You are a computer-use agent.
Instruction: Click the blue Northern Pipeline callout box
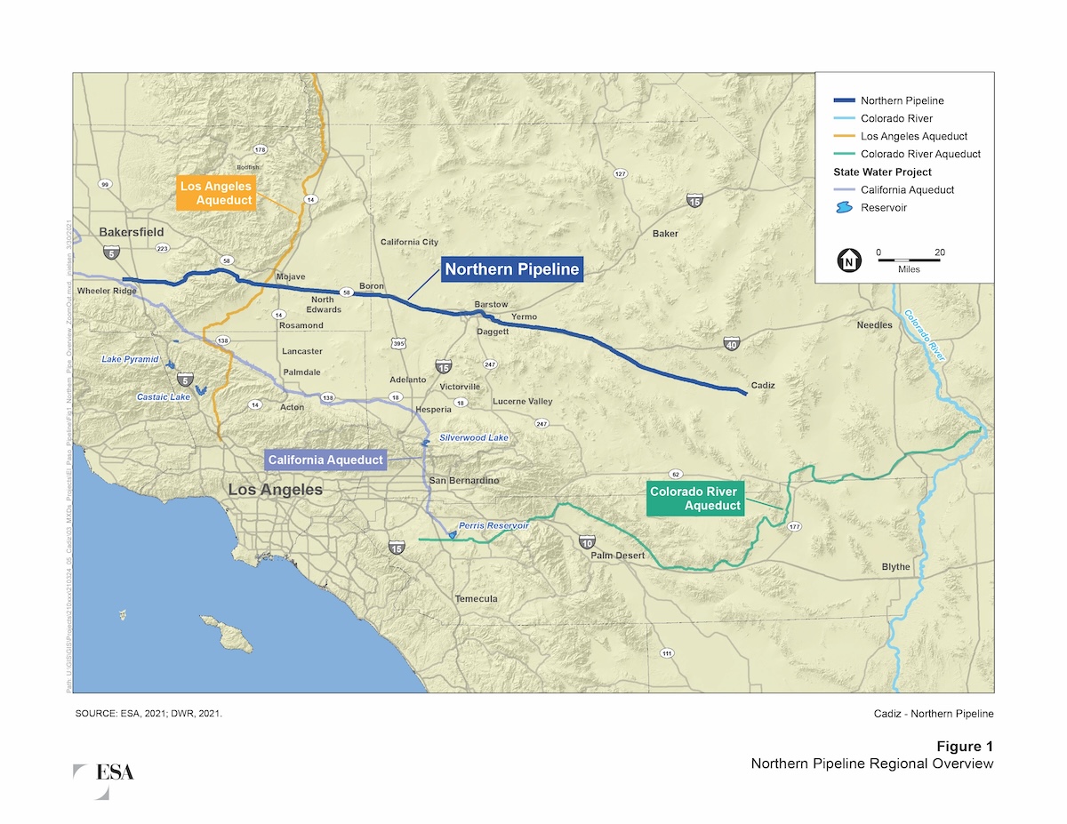pyautogui.click(x=512, y=269)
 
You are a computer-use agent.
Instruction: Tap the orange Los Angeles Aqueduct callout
pyautogui.click(x=216, y=193)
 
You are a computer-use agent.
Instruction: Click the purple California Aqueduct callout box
pyautogui.click(x=326, y=460)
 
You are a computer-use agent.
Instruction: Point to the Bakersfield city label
pyautogui.click(x=132, y=232)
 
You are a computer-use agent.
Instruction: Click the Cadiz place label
pyautogui.click(x=763, y=385)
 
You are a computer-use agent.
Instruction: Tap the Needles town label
pyautogui.click(x=874, y=325)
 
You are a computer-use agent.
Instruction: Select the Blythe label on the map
pyautogui.click(x=895, y=567)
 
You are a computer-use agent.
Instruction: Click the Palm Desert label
pyautogui.click(x=617, y=556)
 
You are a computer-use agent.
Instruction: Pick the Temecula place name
pyautogui.click(x=476, y=598)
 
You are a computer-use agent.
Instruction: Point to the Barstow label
pyautogui.click(x=491, y=305)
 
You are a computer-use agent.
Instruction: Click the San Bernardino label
pyautogui.click(x=464, y=481)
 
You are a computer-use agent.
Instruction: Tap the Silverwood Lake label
pyautogui.click(x=474, y=438)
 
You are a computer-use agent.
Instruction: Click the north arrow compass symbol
pyautogui.click(x=849, y=260)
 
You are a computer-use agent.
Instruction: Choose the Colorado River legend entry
pyautogui.click(x=895, y=118)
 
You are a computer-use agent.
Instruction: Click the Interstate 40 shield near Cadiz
pyautogui.click(x=731, y=345)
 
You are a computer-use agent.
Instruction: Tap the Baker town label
pyautogui.click(x=665, y=234)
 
